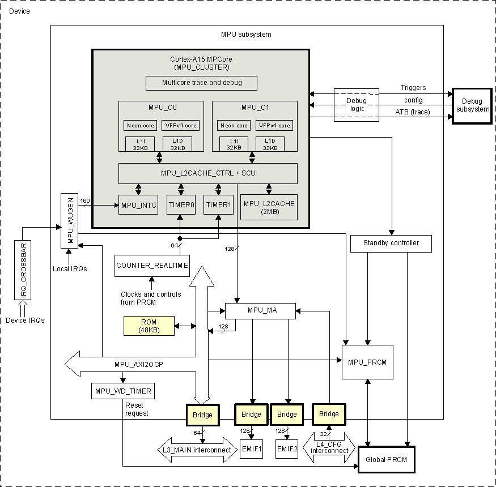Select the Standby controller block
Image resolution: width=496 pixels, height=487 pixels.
391,244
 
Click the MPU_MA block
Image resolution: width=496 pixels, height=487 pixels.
260,310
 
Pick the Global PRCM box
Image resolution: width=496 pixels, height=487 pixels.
387,459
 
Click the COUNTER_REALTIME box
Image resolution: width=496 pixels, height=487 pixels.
152,266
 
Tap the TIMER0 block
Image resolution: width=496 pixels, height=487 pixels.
181,205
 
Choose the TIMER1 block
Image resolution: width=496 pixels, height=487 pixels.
218,205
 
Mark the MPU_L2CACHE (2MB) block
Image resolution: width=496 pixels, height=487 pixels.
269,207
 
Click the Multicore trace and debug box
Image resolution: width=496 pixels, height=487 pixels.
202,83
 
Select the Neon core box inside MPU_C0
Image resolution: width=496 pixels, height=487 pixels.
141,125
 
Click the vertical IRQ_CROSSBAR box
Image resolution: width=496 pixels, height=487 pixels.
24,270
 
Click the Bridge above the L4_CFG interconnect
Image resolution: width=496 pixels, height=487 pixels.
329,414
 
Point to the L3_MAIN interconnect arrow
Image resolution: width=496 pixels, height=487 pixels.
197,450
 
